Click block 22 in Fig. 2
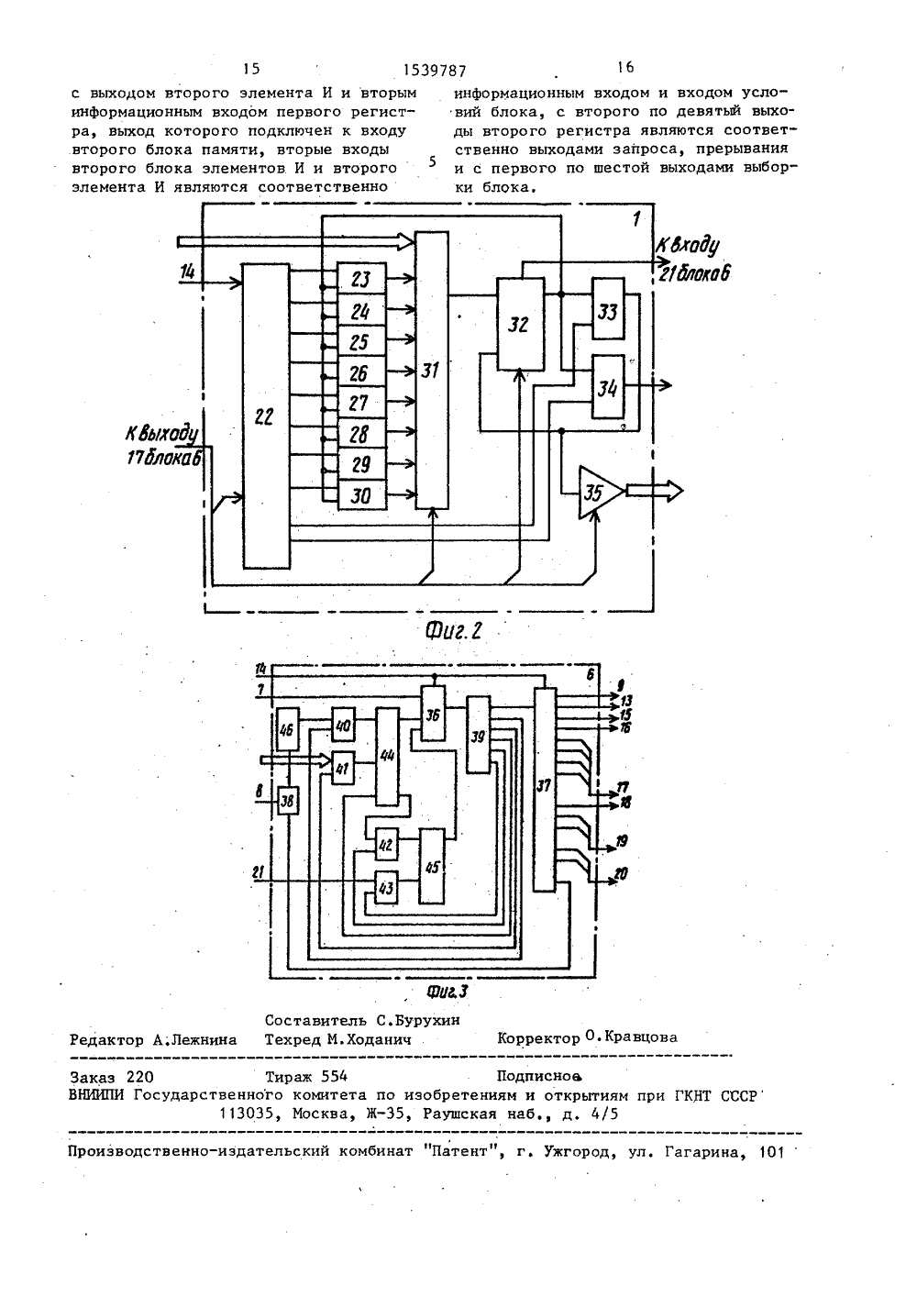click(266, 416)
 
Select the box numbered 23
click(362, 279)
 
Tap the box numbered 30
click(362, 494)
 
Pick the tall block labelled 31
click(432, 370)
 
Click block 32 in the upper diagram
click(521, 325)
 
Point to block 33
click(608, 308)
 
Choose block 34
click(608, 386)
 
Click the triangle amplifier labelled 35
click(598, 492)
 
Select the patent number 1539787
click(435, 71)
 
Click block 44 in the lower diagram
click(387, 756)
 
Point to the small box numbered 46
click(288, 729)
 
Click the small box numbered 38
click(288, 802)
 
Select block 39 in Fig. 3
click(478, 734)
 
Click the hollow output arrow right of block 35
click(654, 491)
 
